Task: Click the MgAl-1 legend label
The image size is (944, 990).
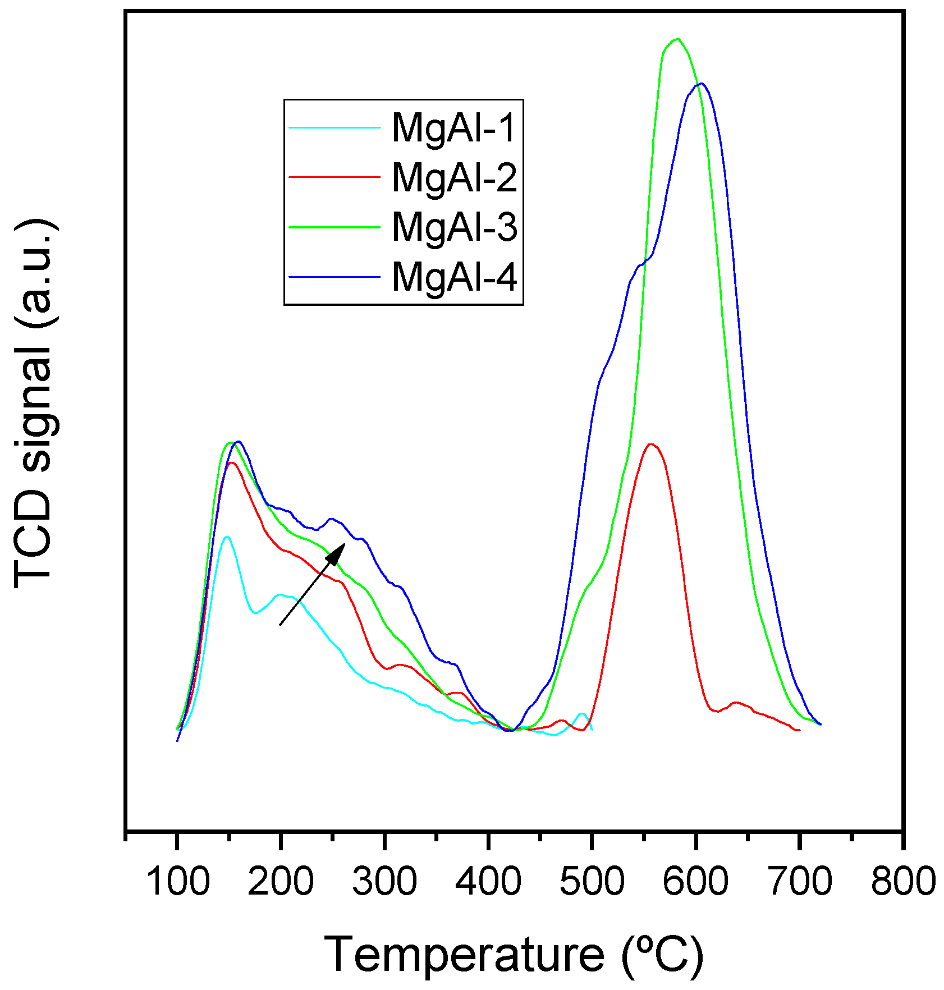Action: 453,128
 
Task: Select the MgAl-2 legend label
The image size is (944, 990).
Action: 453,177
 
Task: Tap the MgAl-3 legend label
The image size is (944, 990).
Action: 453,227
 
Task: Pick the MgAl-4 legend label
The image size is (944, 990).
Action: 453,276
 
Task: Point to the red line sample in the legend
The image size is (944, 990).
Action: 334,176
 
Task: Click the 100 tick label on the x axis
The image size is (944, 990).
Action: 177,881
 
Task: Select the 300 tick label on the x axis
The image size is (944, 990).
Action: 384,881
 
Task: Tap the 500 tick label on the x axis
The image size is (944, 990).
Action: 592,881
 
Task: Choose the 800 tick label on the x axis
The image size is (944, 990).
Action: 902,881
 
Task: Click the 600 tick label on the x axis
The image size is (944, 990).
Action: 695,881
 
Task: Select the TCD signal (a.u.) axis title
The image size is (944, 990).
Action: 34,404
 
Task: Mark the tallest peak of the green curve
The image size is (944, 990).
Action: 678,39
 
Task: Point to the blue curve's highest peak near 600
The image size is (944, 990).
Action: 701,84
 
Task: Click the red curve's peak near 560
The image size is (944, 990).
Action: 651,444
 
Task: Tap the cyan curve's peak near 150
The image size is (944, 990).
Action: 227,537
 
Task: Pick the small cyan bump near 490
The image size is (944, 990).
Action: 582,713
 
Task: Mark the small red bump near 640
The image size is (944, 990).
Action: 736,703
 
